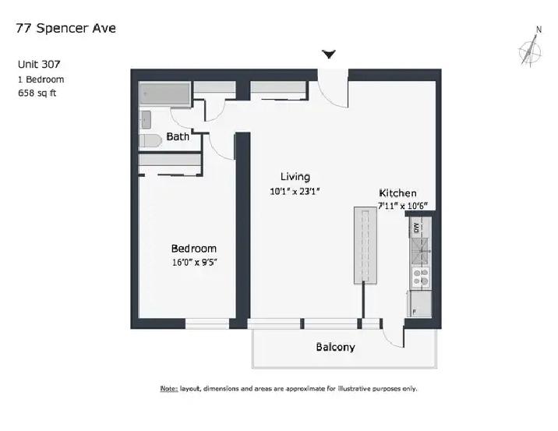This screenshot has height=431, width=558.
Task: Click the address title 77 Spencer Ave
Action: click(65, 28)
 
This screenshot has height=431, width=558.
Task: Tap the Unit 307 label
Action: click(39, 65)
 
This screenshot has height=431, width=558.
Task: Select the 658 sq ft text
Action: click(37, 94)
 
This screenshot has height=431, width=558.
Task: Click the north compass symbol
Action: click(531, 48)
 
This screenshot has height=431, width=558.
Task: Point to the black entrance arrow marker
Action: click(329, 55)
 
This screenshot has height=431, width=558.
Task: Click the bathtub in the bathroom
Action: click(164, 94)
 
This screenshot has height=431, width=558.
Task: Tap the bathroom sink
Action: click(146, 119)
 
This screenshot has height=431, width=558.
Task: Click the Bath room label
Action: click(178, 136)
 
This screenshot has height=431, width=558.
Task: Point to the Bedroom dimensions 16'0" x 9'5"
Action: click(195, 263)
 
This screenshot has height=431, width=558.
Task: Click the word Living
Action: click(295, 176)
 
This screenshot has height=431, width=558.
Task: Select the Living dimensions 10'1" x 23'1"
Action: click(295, 192)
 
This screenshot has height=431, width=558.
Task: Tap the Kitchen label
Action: click(397, 193)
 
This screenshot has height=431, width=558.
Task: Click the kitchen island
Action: click(366, 246)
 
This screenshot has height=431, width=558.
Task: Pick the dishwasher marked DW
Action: click(415, 228)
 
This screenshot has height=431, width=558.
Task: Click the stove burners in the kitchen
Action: click(420, 277)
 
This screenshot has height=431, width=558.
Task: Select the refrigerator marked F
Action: click(419, 304)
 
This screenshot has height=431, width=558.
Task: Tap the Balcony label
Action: click(336, 347)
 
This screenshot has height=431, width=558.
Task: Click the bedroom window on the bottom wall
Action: click(207, 323)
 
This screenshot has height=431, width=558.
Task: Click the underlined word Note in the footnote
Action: click(169, 389)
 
